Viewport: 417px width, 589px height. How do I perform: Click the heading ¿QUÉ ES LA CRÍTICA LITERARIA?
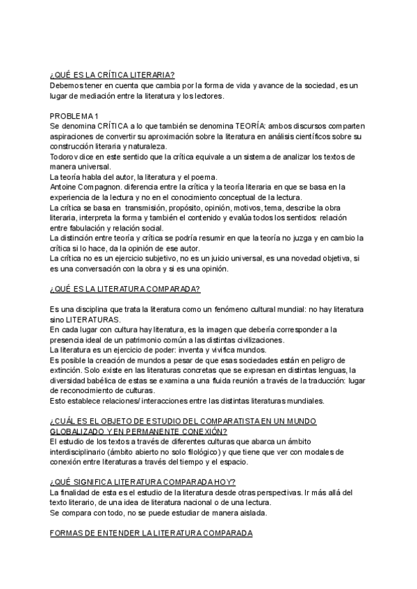pos(112,74)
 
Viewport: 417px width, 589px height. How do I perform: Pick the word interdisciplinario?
pos(80,451)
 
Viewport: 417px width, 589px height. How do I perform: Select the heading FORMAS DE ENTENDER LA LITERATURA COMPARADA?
pos(151,533)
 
